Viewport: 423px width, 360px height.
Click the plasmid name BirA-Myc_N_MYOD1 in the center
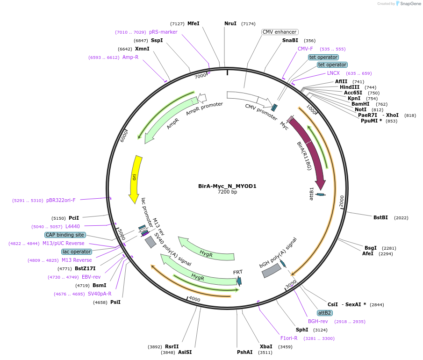(x=227, y=186)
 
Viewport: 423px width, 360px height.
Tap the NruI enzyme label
(x=230, y=23)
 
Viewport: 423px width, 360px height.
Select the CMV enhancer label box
(x=280, y=32)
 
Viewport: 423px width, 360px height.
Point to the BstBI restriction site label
(x=381, y=217)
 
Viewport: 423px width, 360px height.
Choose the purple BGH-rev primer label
(x=318, y=321)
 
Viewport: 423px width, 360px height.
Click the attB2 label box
(x=324, y=313)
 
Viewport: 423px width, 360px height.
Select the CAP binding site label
(x=65, y=235)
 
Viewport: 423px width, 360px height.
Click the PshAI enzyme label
(x=244, y=352)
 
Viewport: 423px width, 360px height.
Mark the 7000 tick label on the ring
(x=200, y=76)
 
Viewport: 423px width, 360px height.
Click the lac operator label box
(x=77, y=252)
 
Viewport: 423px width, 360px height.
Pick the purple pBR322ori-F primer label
(x=61, y=200)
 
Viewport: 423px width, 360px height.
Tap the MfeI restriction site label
(x=193, y=23)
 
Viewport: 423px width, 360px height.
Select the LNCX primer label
(x=333, y=73)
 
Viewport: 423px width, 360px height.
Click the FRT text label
(x=238, y=272)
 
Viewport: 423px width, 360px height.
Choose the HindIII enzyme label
(x=350, y=87)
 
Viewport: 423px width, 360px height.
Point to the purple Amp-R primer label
(x=130, y=57)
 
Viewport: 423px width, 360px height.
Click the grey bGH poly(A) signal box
(x=271, y=271)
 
